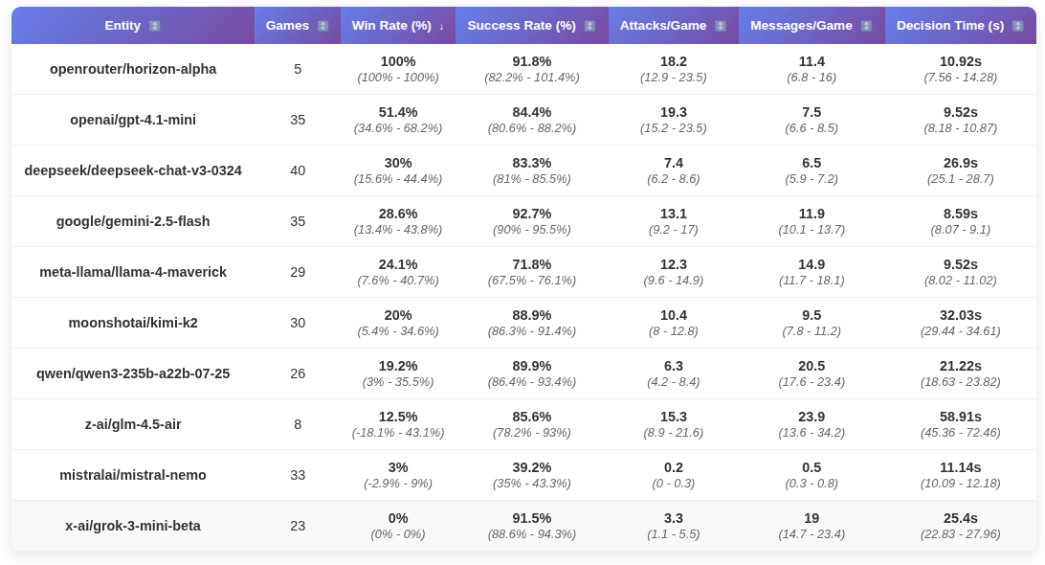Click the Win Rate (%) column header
[x=391, y=26]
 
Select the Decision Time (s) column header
[x=953, y=26]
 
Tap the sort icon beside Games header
[x=322, y=26]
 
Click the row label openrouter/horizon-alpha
[x=133, y=69]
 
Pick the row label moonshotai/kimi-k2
[x=133, y=323]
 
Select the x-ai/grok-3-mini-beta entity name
[x=133, y=526]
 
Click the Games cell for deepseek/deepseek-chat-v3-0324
[x=298, y=170]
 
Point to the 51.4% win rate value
[x=398, y=112]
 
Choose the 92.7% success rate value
[x=532, y=214]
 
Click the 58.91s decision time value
[x=961, y=417]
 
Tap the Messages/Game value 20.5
[x=812, y=366]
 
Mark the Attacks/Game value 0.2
[x=674, y=467]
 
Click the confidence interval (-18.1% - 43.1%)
[x=398, y=433]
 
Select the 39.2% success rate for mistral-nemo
[x=532, y=467]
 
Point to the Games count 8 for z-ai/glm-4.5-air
[x=298, y=424]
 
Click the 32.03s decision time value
[x=961, y=315]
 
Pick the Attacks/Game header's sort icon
[x=721, y=26]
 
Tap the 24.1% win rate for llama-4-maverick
[x=398, y=264]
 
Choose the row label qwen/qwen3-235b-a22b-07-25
[x=133, y=373]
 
